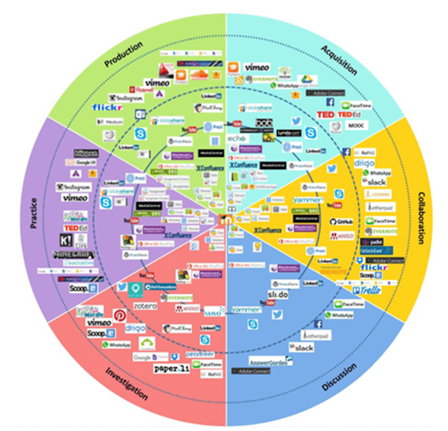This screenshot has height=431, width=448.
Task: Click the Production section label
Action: (x=124, y=54)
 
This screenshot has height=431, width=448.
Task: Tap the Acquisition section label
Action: (x=339, y=60)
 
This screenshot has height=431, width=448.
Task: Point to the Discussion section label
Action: (x=339, y=377)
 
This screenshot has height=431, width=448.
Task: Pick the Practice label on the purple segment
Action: (x=34, y=213)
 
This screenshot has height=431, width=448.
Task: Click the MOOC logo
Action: (x=356, y=125)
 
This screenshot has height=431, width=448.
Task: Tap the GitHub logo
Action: (x=341, y=221)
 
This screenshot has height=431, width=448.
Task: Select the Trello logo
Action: (x=367, y=290)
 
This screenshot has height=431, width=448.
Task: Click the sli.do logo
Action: (x=278, y=294)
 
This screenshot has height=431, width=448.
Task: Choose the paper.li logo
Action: (x=172, y=369)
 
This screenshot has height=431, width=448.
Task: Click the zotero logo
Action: (x=145, y=306)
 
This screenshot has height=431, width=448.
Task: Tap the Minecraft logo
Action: (x=74, y=255)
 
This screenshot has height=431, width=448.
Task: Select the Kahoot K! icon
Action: (x=66, y=240)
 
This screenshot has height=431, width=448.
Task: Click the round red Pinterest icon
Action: (x=120, y=315)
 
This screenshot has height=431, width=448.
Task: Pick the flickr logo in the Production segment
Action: (x=107, y=107)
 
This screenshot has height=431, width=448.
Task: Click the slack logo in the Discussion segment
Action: (x=302, y=347)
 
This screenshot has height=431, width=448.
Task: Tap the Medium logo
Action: (x=110, y=122)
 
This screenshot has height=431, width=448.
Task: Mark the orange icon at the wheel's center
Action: (x=225, y=220)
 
